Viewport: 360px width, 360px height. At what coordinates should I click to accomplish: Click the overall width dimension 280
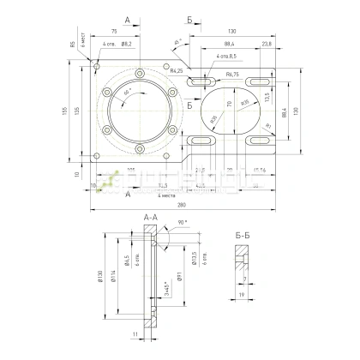click(180, 206)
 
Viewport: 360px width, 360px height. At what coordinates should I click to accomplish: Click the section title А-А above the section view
click(149, 219)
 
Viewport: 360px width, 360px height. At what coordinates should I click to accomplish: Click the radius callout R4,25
click(178, 70)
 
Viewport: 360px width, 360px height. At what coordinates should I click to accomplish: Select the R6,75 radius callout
click(232, 75)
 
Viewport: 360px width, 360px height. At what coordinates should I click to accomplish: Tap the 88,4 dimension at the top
click(229, 44)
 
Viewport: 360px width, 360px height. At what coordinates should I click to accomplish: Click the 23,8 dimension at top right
click(267, 44)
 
